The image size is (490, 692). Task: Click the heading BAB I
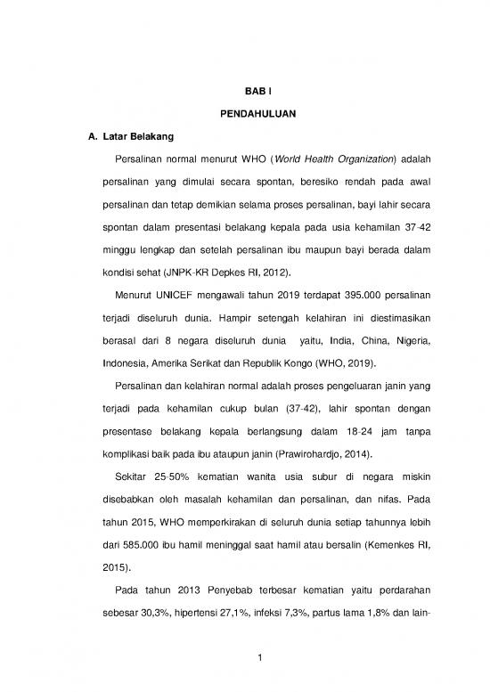(x=245, y=91)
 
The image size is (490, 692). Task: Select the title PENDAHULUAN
(x=245, y=114)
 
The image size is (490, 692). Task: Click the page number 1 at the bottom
(x=245, y=658)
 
